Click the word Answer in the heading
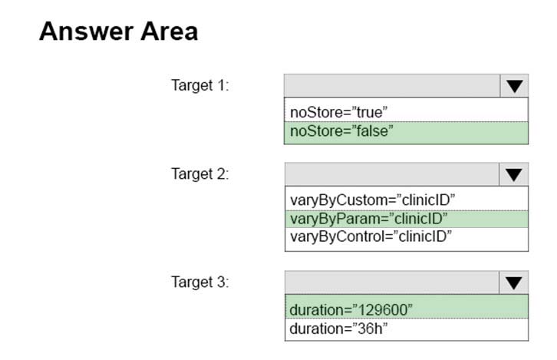click(x=87, y=31)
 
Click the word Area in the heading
click(x=169, y=31)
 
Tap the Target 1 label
click(x=200, y=85)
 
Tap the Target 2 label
click(x=200, y=174)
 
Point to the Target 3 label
click(x=200, y=282)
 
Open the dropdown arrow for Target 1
click(x=514, y=86)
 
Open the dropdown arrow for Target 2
click(x=514, y=174)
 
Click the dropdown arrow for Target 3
click(x=514, y=283)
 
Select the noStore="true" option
click(x=339, y=112)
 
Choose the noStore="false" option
click(x=341, y=131)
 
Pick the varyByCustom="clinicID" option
click(x=372, y=200)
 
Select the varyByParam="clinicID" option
click(x=369, y=219)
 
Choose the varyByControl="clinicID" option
click(x=371, y=236)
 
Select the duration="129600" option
click(x=351, y=310)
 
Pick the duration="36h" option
click(x=338, y=329)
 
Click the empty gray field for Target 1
click(x=392, y=86)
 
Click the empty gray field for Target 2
click(x=392, y=174)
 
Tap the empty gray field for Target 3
click(x=392, y=283)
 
